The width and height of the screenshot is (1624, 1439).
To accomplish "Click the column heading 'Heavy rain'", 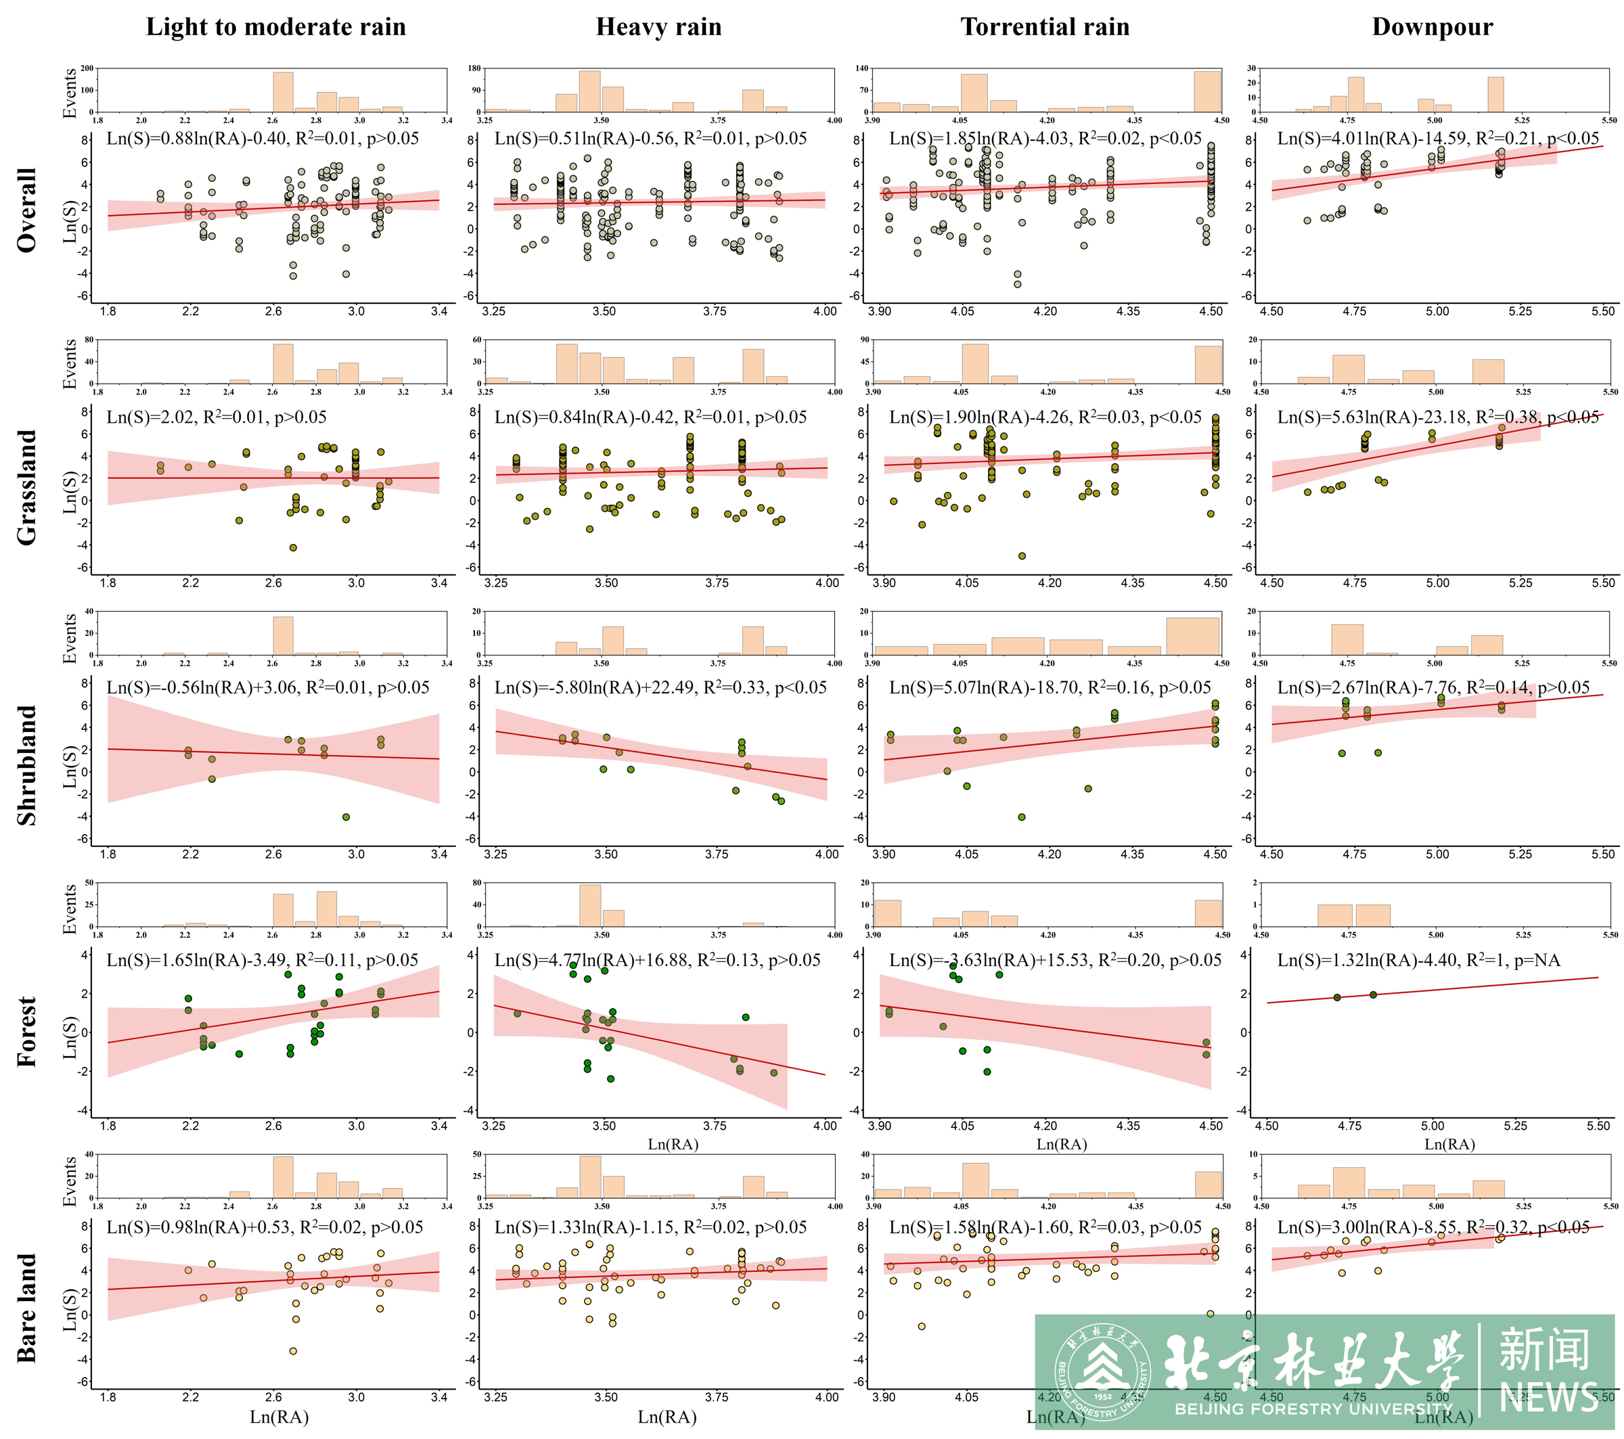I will [658, 27].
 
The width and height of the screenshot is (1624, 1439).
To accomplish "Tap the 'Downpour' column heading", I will [1432, 27].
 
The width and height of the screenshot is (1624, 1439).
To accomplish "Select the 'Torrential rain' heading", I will [1045, 27].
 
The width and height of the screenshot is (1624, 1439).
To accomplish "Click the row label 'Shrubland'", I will [27, 765].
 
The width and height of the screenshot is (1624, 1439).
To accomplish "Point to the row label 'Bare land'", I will [27, 1308].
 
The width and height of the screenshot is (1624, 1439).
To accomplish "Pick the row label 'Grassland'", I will [27, 487].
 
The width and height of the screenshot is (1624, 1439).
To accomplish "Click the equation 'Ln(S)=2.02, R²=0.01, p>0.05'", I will [218, 417].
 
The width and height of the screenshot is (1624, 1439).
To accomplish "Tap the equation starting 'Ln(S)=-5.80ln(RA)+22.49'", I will [660, 688].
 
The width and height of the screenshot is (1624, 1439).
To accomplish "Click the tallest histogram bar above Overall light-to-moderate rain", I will [283, 92].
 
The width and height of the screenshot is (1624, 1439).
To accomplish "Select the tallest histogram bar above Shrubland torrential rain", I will [1192, 636].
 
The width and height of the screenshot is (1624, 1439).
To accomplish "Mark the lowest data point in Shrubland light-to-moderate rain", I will [346, 817].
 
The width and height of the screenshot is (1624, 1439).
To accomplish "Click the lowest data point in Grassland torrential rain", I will [1022, 556].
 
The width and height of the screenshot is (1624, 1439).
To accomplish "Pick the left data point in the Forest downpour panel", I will [1337, 997].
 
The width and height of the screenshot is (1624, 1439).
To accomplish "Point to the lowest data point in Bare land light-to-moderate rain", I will [293, 1351].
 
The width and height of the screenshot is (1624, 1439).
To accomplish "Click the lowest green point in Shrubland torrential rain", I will [1022, 817].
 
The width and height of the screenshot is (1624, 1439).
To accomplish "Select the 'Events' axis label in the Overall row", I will [70, 93].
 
